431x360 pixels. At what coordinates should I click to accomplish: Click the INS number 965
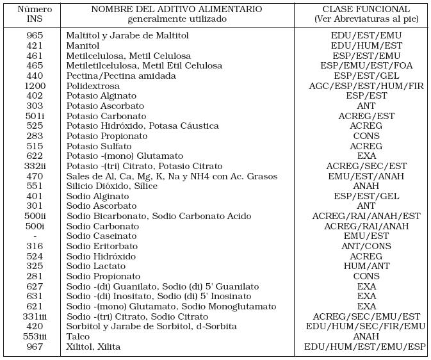(x=35, y=35)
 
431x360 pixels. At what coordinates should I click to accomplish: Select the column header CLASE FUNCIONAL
(x=366, y=10)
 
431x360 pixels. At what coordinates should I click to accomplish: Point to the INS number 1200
(x=35, y=85)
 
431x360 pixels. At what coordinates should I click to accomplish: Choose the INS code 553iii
(x=35, y=336)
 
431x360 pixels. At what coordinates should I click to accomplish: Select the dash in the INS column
(x=35, y=236)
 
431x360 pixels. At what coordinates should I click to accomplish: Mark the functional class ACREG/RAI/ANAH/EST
(x=366, y=216)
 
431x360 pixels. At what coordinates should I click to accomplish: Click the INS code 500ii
(x=35, y=216)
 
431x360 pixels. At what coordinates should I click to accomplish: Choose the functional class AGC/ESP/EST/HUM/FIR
(x=366, y=85)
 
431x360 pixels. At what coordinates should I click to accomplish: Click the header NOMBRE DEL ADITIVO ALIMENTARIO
(x=176, y=10)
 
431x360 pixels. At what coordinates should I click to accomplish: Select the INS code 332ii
(x=35, y=166)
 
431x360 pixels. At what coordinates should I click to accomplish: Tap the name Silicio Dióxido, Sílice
(x=111, y=186)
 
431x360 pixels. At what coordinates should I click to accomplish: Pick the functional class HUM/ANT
(x=366, y=266)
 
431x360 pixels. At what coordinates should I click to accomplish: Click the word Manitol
(x=83, y=45)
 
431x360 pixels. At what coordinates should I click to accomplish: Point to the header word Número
(x=35, y=10)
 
